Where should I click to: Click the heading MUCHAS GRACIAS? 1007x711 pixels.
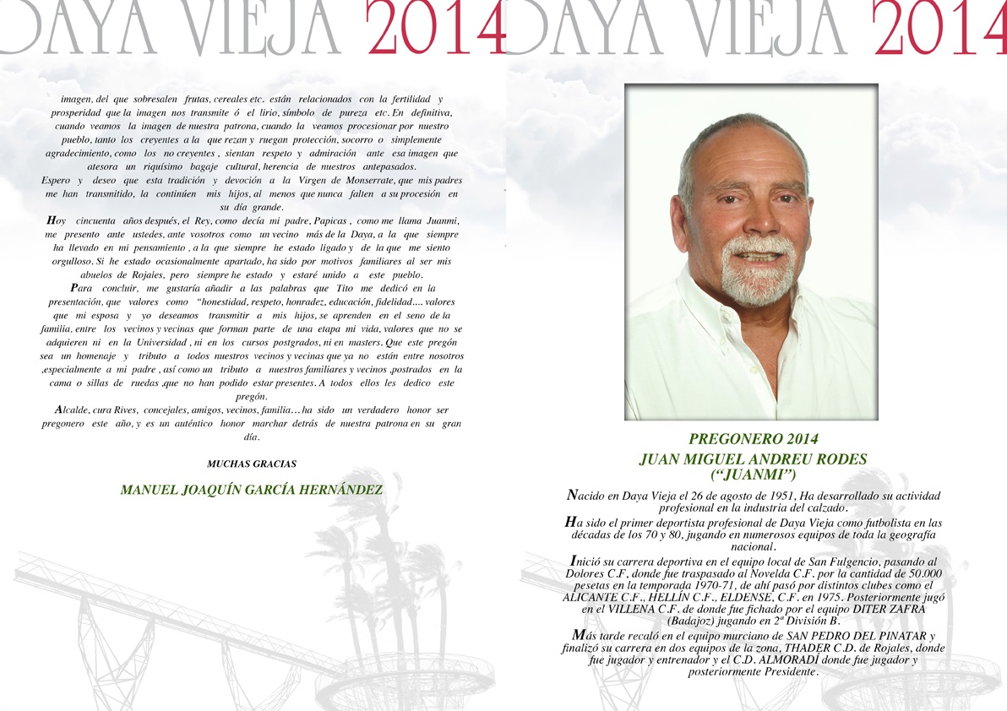pyautogui.click(x=252, y=464)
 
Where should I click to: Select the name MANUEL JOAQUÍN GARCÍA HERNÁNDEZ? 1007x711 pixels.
pyautogui.click(x=252, y=490)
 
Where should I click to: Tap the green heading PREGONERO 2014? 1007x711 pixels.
pyautogui.click(x=754, y=439)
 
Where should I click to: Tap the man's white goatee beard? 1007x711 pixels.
pyautogui.click(x=758, y=279)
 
